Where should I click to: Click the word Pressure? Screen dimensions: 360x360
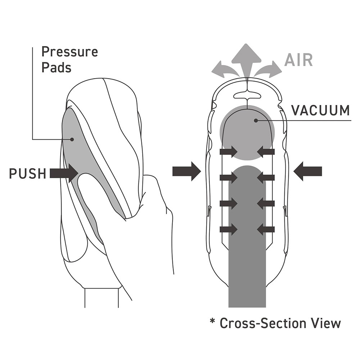69,52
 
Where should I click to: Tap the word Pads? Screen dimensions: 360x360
56,67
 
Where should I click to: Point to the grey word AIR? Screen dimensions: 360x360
298,60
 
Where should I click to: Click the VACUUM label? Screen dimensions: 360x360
320,110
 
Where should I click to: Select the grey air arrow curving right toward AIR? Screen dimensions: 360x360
270,69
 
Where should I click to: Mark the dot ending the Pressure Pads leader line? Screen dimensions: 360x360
72,139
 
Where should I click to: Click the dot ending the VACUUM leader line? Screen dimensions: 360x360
256,121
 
